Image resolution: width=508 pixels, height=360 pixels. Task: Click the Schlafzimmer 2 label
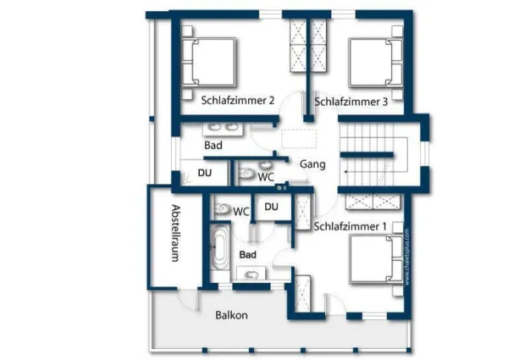(238, 100)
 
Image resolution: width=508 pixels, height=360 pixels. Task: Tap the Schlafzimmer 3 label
(351, 102)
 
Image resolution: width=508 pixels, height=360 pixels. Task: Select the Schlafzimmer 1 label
(351, 226)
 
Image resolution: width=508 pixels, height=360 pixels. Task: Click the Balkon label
(231, 315)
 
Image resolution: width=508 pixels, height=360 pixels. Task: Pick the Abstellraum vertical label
(176, 233)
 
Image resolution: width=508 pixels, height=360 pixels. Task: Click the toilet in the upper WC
(246, 174)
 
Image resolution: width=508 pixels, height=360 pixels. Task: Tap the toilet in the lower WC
(222, 208)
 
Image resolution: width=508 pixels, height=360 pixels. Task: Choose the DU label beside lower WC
(272, 207)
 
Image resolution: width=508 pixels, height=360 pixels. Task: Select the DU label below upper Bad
(205, 173)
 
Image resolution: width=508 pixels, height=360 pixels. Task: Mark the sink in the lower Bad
(251, 274)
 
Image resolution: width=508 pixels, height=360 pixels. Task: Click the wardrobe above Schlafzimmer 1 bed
(373, 201)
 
